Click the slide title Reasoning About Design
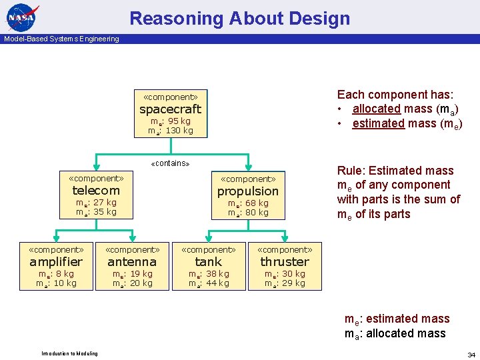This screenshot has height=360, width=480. [239, 18]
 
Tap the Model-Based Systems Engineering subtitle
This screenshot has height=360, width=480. [61, 39]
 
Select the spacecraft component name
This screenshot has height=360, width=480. [170, 109]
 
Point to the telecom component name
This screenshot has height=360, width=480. [96, 191]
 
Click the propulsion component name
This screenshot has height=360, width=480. [248, 191]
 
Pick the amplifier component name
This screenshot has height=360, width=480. [56, 262]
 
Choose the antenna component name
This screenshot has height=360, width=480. [132, 262]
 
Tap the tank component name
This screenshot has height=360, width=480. [208, 262]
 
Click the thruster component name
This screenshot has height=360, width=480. [285, 262]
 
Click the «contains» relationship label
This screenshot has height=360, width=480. [171, 163]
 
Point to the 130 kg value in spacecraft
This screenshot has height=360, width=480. [179, 131]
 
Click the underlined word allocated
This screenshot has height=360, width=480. [377, 109]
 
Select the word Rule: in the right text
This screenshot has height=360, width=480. [353, 171]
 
